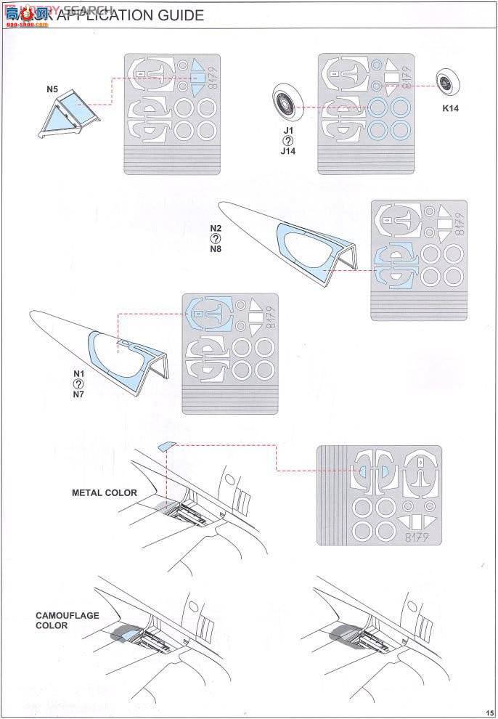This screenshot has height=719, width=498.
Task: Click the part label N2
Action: pos(216,227)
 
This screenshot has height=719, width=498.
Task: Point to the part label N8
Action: pos(216,249)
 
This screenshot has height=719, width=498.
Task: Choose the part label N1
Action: pos(79,374)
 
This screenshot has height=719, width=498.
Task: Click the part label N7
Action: pos(79,395)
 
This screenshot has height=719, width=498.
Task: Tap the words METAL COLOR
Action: pos(104,493)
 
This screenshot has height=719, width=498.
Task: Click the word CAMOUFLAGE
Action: pos(68,615)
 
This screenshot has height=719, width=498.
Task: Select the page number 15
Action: pos(490,712)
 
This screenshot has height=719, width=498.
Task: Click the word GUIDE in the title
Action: pos(177,15)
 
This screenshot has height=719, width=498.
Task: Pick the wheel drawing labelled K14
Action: pos(446,81)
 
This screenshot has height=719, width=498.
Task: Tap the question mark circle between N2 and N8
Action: pos(216,237)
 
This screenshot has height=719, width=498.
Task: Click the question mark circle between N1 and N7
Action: pos(79,384)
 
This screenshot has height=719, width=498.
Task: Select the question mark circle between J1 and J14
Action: pos(288,141)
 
